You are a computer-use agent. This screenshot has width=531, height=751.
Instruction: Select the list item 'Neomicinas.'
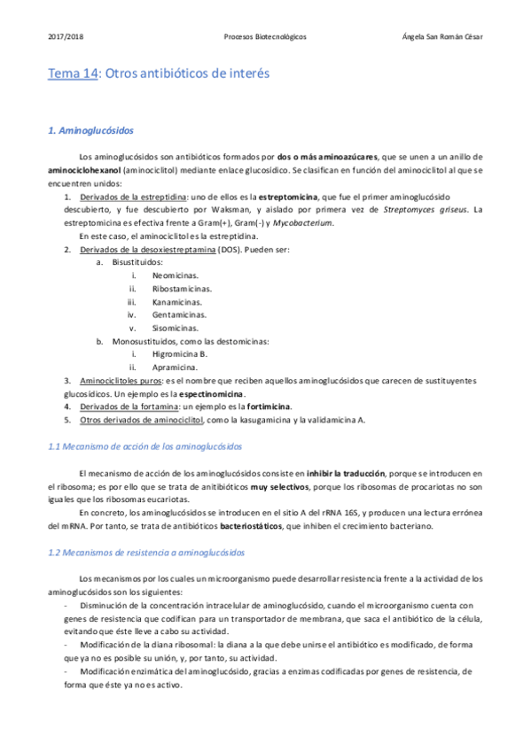pos(176,275)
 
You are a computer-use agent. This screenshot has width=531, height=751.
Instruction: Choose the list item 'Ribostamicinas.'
pos(183,289)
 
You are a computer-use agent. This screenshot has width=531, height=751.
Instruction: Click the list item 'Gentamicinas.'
pos(180,314)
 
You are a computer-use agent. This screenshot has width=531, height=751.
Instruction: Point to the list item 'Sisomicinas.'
pos(177,328)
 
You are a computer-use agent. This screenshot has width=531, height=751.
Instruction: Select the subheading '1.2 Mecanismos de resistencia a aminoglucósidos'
pos(146,553)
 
